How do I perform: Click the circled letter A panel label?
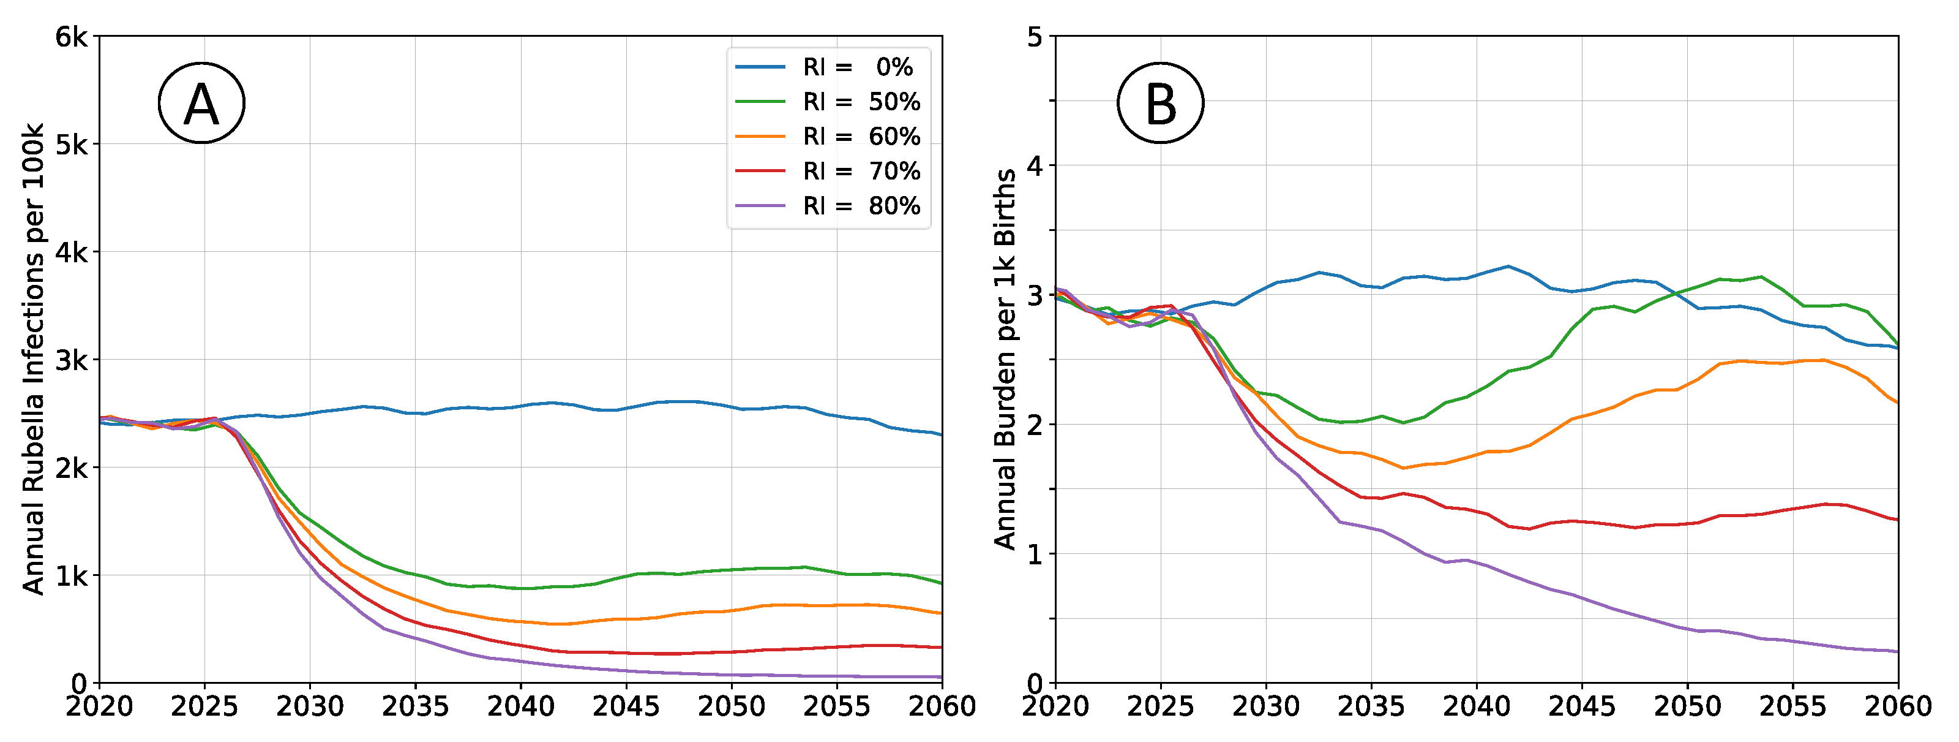(201, 104)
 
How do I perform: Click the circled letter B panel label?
(1161, 104)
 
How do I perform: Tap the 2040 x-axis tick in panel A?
(521, 707)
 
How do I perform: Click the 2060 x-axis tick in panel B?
(1898, 707)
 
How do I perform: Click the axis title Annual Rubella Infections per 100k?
(34, 359)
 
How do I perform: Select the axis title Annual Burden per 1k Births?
(1005, 359)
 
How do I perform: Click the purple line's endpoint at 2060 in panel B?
(1897, 651)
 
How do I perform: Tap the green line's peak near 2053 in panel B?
(1761, 277)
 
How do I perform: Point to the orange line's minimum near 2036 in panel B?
(1403, 468)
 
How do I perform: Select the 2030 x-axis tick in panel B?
(1266, 707)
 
